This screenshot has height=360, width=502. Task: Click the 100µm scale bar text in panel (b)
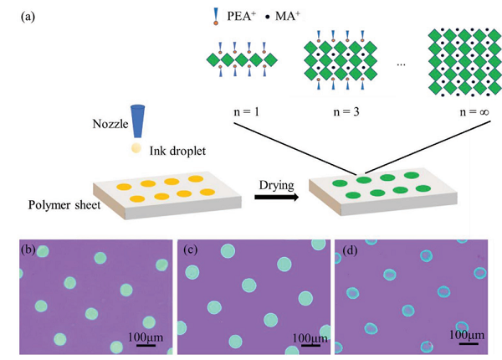140,335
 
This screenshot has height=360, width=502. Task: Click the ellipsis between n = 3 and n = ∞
402,67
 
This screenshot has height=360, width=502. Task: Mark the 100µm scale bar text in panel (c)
302,336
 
